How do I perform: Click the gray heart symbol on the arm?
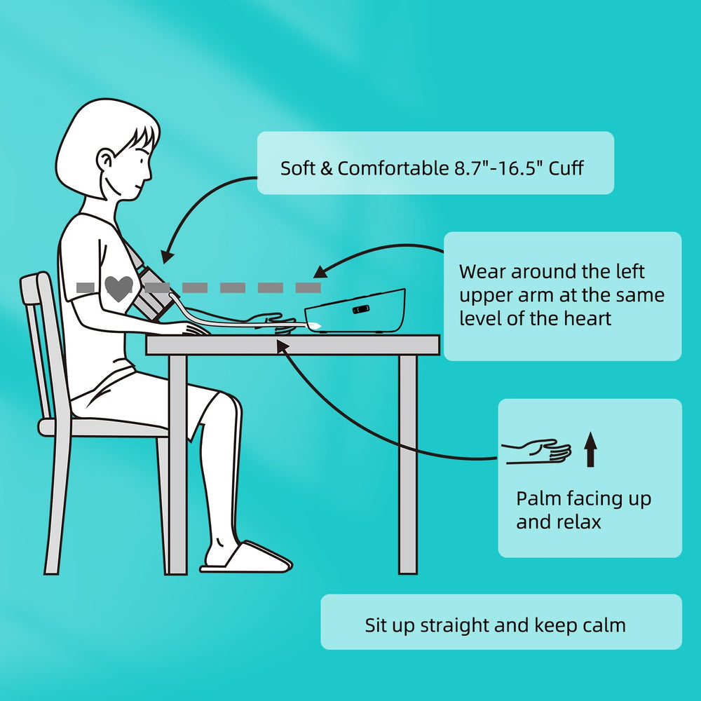118,288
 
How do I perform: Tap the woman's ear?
106,161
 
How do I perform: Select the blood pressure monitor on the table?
355,311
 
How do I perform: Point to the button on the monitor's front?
361,309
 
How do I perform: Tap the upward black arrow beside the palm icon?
590,449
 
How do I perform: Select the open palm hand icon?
536,451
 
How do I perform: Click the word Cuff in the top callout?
566,168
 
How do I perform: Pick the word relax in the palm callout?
580,522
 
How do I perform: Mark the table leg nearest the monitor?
408,465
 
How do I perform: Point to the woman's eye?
142,160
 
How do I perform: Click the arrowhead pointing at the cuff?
168,257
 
